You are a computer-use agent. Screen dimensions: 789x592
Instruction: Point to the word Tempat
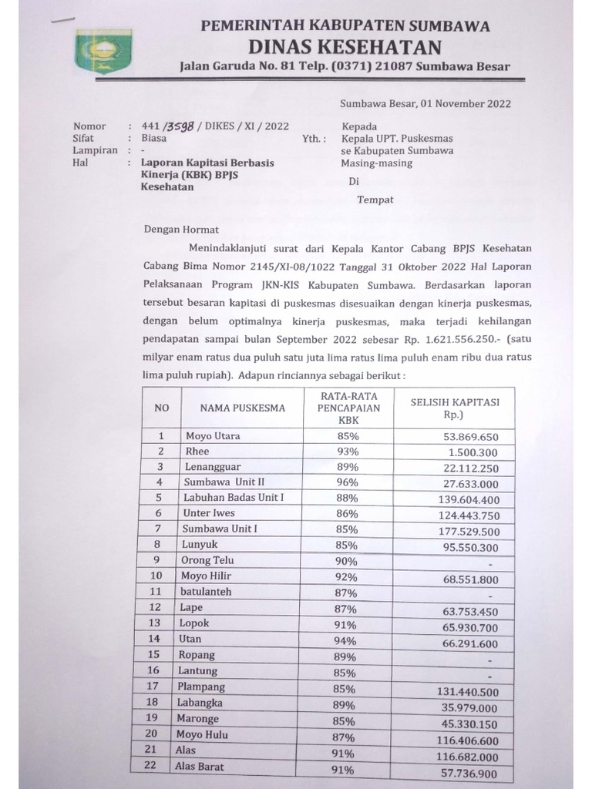pos(375,200)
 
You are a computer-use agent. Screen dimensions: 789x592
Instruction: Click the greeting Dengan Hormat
pos(181,229)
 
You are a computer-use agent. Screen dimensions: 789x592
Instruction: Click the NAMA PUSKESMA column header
pos(243,408)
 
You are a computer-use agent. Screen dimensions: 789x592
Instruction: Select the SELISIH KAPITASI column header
pos(454,408)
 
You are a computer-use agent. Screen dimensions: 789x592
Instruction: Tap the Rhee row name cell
pos(197,452)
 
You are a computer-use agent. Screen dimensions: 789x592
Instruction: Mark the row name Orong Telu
pos(208,560)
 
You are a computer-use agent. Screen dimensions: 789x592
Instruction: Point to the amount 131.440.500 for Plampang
pos(471,692)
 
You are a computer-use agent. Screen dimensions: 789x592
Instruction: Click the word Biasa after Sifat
pos(155,139)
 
